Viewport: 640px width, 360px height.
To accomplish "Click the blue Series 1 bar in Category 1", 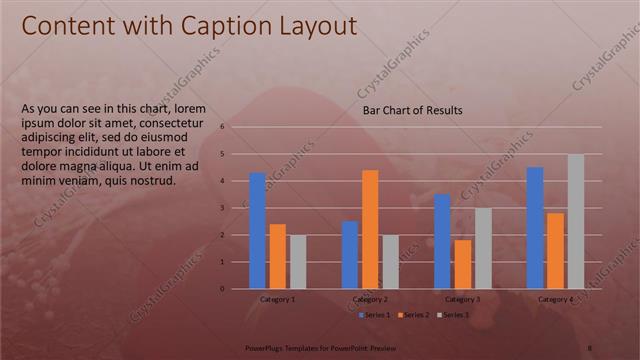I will [x=257, y=231].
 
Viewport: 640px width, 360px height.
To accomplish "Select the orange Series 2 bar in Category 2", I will [x=370, y=229].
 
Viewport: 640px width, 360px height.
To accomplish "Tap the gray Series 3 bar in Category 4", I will [x=575, y=221].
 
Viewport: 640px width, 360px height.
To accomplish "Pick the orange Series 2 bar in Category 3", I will [x=462, y=264].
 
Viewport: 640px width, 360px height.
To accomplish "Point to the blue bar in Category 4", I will [x=535, y=228].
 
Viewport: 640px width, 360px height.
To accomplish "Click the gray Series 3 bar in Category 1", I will [x=298, y=262].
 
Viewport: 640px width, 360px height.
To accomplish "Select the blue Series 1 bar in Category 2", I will [x=350, y=255].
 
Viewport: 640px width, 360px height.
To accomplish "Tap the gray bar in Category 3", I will [x=483, y=248].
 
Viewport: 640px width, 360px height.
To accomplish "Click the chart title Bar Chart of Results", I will [x=412, y=111].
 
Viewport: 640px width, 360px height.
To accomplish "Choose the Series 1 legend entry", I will [x=375, y=315].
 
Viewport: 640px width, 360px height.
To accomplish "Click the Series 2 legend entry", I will [x=413, y=315].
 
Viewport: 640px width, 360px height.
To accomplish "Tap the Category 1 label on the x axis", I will [x=277, y=299].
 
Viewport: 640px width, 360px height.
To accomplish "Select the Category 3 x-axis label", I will [x=462, y=299].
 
